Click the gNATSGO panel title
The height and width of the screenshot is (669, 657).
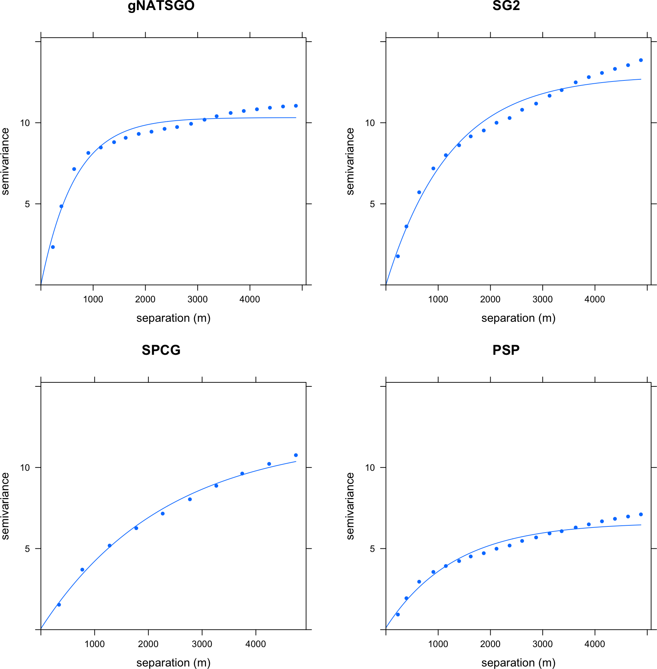point(161,6)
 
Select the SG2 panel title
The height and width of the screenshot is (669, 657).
point(506,6)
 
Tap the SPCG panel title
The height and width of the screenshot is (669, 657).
point(161,350)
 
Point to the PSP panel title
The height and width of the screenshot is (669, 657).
point(506,350)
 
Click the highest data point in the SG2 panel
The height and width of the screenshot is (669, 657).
point(641,60)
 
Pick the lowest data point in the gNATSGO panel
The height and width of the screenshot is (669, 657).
point(53,247)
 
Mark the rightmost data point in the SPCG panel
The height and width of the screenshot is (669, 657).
point(296,455)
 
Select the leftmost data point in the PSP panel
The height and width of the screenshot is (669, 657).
point(398,614)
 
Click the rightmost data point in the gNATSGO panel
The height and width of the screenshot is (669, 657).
point(296,106)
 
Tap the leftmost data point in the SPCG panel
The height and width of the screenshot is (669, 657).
point(59,605)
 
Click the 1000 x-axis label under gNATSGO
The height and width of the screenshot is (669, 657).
point(93,299)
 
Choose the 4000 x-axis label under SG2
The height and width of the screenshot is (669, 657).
point(595,299)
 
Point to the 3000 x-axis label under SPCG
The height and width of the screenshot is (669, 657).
point(202,644)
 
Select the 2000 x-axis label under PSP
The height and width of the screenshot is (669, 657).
point(490,644)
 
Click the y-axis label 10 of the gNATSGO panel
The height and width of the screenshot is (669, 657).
point(25,123)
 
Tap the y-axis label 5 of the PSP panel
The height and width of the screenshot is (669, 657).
point(372,549)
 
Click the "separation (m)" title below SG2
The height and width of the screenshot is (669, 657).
point(518,318)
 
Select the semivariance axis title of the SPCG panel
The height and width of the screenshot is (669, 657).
point(5,506)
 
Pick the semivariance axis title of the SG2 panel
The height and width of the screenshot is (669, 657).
point(350,162)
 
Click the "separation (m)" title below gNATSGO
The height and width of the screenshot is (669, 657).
point(173,318)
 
